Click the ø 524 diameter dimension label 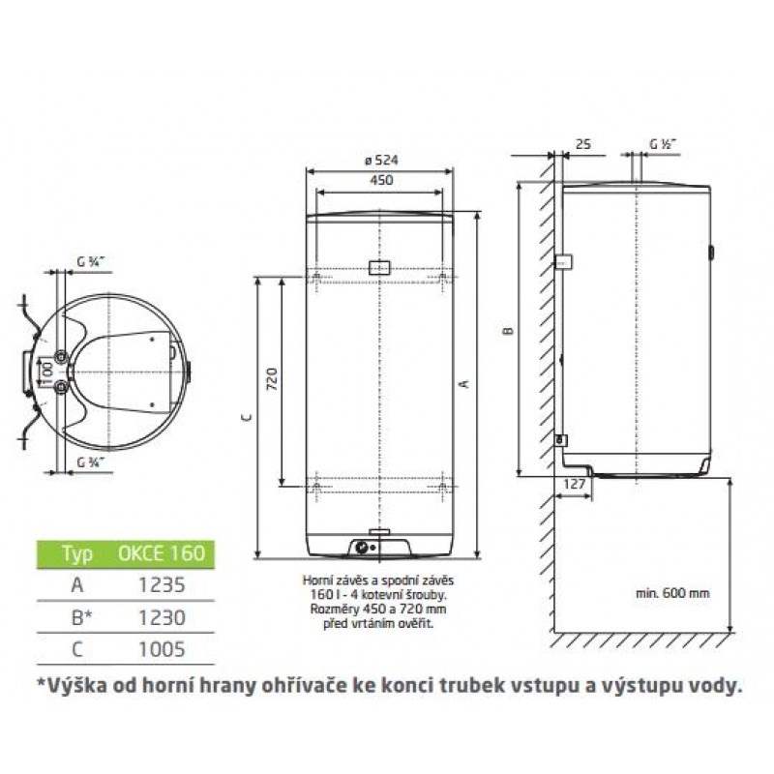tap(381, 160)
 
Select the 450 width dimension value tap(381, 180)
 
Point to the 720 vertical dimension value tap(272, 378)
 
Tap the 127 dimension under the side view tap(574, 484)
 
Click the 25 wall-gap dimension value tap(583, 144)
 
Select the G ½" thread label tap(662, 144)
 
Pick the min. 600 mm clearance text tap(672, 593)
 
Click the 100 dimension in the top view tap(46, 373)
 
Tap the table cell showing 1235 tap(162, 585)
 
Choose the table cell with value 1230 tap(162, 617)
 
